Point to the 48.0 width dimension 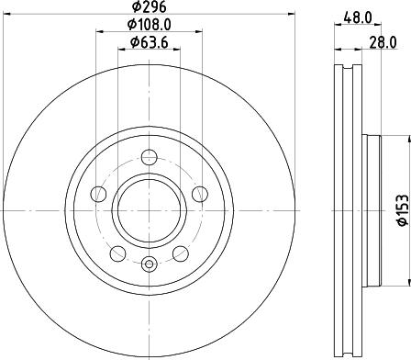click(359, 16)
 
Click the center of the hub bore click(150, 210)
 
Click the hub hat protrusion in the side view click(371, 211)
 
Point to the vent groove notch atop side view click(345, 68)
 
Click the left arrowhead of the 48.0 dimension click(334, 26)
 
